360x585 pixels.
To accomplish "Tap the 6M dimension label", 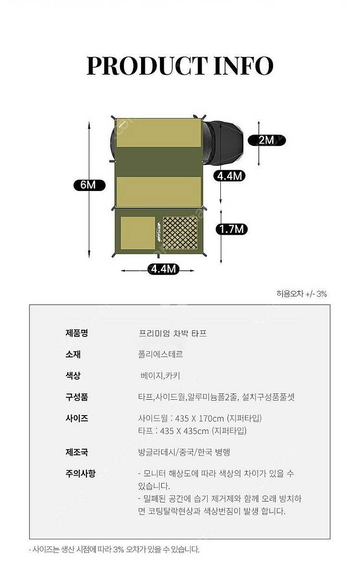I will pos(88,185).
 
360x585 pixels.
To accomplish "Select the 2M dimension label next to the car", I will pos(266,140).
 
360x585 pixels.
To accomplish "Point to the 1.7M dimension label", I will pos(231,229).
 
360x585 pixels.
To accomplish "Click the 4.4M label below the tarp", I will pos(163,269).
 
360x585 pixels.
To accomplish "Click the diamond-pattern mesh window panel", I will pos(180,233).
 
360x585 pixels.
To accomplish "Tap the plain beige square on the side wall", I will pos(137,233).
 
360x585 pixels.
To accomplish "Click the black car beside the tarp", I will pos(226,143).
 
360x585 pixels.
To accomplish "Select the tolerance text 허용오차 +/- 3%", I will pos(301,294).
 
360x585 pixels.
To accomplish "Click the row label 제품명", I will pos(77,333).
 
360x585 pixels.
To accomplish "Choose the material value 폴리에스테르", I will pos(160,354).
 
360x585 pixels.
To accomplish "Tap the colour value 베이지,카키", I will pos(160,376).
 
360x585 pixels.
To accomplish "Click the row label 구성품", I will pos(77,397).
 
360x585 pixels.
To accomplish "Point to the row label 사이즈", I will pos(77,418).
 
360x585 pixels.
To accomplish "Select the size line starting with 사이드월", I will pos(199,418).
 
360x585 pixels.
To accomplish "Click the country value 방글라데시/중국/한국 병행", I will pos(184,452).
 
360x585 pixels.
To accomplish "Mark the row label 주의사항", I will pos(80,474).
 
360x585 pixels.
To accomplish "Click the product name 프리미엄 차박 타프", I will pos(172,333).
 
